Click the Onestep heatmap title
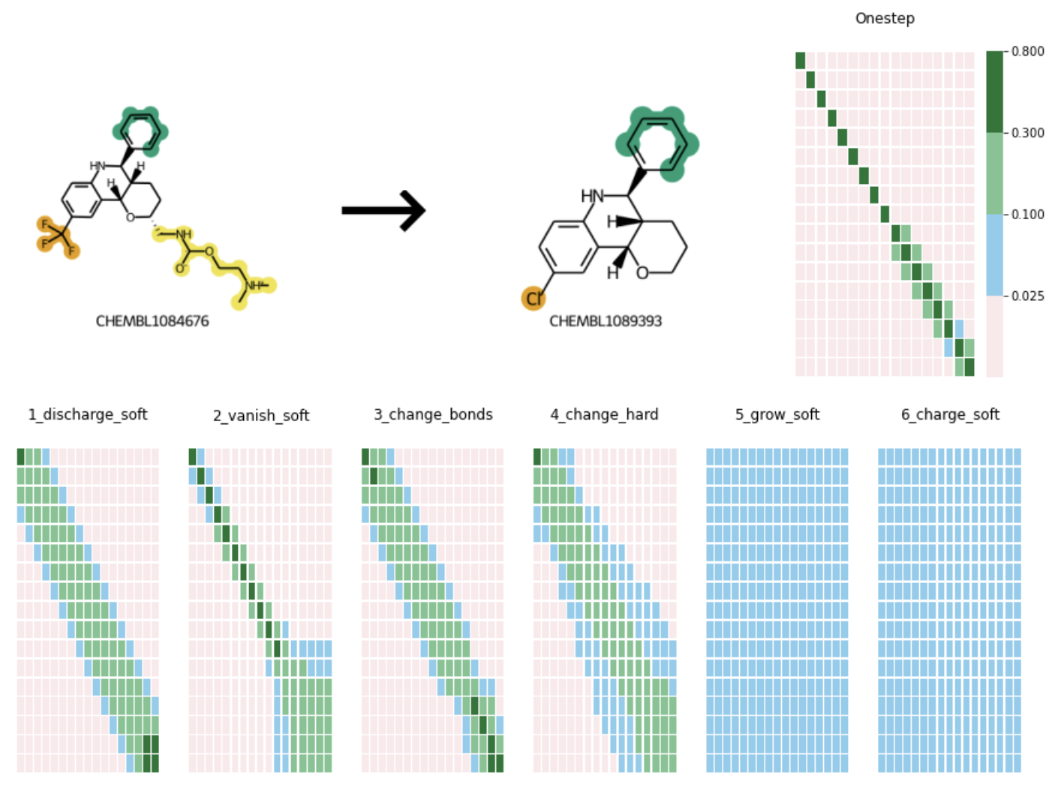(885, 18)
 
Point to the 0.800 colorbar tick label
(1027, 51)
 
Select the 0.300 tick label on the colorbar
(1027, 133)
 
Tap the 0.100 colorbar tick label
(1027, 215)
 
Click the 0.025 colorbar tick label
(1027, 296)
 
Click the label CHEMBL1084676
(152, 321)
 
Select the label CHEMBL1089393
(606, 321)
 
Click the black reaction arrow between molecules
(383, 210)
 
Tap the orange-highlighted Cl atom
(534, 299)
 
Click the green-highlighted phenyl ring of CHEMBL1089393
(657, 143)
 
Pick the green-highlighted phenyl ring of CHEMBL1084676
(140, 131)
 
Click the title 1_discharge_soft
(88, 414)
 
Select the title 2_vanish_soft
(261, 415)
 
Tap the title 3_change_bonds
(433, 414)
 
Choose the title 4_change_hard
(604, 414)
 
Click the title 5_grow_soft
(777, 414)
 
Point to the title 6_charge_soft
(950, 414)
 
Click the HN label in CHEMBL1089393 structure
(592, 196)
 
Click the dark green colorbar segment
(994, 92)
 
